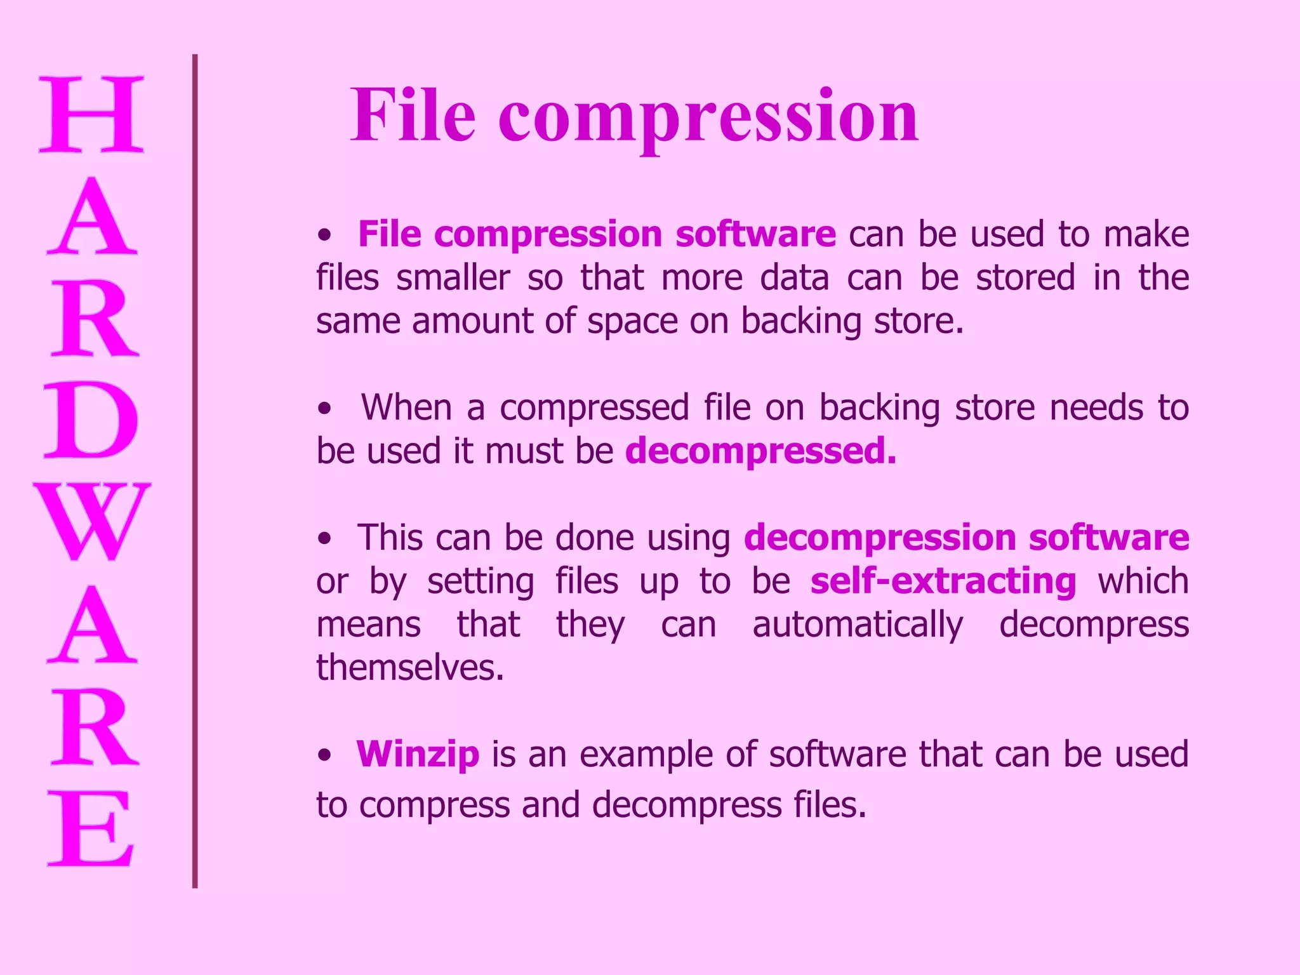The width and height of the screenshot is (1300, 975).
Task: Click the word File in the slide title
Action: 413,116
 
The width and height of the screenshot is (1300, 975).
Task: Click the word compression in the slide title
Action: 708,118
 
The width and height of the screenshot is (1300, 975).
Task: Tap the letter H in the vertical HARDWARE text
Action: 91,114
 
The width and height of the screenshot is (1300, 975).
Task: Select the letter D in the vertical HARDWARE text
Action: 91,420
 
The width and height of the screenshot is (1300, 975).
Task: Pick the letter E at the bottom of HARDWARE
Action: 91,828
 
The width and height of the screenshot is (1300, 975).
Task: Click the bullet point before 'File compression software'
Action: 325,235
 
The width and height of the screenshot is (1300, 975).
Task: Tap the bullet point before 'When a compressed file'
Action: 325,409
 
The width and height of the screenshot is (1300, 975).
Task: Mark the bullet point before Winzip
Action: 325,755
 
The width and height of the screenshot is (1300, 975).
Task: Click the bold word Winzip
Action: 418,754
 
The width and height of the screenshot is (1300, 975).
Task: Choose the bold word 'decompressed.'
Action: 760,451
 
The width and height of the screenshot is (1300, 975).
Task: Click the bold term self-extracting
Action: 943,581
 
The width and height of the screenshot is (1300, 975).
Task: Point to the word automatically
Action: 858,625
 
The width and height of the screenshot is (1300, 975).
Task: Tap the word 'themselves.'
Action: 410,668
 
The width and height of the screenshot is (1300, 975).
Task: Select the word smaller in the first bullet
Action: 453,278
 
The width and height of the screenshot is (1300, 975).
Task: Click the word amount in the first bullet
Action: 472,321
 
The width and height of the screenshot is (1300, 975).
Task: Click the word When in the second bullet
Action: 406,408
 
